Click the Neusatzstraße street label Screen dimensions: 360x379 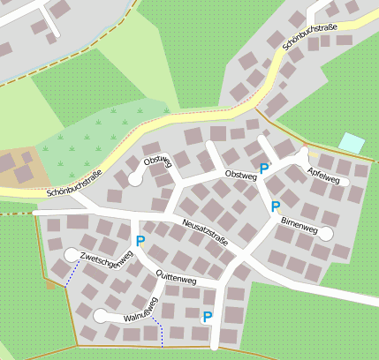click(205, 232)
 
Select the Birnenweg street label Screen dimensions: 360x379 click(299, 227)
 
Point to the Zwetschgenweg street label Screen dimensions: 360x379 click(106, 259)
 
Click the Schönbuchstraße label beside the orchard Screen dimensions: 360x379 click(74, 182)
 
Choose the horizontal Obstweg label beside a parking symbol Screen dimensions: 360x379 click(240, 176)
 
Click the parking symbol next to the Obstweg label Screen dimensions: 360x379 click(263, 168)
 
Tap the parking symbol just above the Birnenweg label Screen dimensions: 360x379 click(276, 206)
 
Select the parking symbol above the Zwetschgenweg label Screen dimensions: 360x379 click(140, 241)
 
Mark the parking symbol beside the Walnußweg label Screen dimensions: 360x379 click(208, 317)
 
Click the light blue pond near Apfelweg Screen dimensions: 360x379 click(352, 142)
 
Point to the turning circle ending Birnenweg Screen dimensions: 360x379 click(326, 234)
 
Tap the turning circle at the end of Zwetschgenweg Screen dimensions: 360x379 click(71, 255)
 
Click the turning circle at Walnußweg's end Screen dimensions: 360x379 click(101, 316)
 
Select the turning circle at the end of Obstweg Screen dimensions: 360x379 click(135, 178)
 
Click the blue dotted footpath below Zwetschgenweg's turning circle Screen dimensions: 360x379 click(70, 274)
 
